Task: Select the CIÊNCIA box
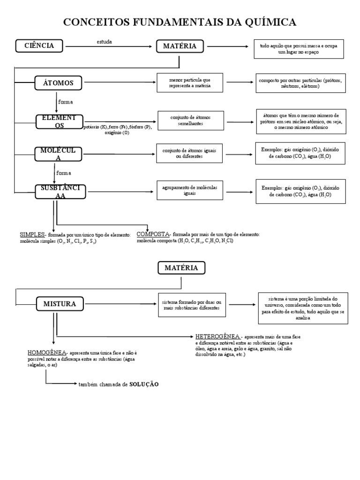point(40,46)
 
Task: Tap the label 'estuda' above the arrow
point(104,42)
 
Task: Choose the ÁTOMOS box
point(59,83)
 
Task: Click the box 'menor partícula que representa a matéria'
point(190,83)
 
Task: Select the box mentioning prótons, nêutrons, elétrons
point(300,83)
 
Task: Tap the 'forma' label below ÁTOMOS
point(65,102)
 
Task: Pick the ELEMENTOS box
point(59,121)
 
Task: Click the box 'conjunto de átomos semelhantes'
point(190,120)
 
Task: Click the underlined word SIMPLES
point(31,234)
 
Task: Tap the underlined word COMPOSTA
point(153,234)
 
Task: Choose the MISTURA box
point(60,304)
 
